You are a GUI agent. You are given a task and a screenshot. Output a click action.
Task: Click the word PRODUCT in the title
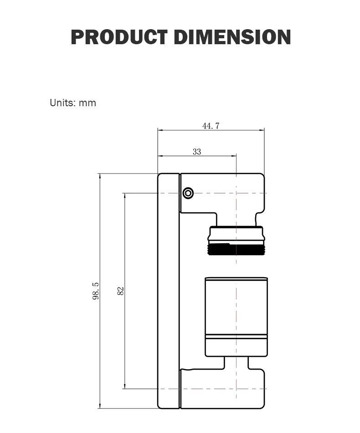(x=119, y=37)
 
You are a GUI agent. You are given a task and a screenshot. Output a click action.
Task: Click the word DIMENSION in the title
(x=232, y=37)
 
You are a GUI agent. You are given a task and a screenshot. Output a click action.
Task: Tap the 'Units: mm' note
(x=73, y=103)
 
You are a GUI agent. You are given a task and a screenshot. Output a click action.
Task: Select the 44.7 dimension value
(x=211, y=126)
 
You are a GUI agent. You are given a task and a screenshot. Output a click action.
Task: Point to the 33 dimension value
(x=197, y=152)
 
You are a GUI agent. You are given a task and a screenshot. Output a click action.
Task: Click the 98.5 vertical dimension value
(x=96, y=291)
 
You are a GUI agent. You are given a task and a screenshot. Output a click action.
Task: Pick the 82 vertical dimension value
(x=121, y=291)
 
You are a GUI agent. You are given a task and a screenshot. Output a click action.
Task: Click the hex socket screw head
(x=188, y=193)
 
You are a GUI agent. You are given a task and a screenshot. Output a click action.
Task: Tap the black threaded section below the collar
(x=237, y=250)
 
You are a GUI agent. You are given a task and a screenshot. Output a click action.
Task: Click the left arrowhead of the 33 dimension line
(x=160, y=156)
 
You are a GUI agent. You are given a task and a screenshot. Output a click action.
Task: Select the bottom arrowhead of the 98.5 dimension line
(x=99, y=406)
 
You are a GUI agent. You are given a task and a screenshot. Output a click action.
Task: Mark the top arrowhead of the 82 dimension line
(x=125, y=196)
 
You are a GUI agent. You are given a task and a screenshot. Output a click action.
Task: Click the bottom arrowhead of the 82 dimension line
(x=125, y=387)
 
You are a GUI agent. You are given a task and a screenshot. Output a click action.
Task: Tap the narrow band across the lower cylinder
(x=237, y=337)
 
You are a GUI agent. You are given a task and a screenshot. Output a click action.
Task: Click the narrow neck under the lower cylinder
(x=237, y=363)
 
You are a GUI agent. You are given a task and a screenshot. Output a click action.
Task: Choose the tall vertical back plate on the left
(x=169, y=291)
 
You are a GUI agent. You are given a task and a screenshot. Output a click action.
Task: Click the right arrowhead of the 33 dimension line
(x=234, y=156)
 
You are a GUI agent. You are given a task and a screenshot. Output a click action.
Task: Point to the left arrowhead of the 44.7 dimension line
(x=160, y=130)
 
